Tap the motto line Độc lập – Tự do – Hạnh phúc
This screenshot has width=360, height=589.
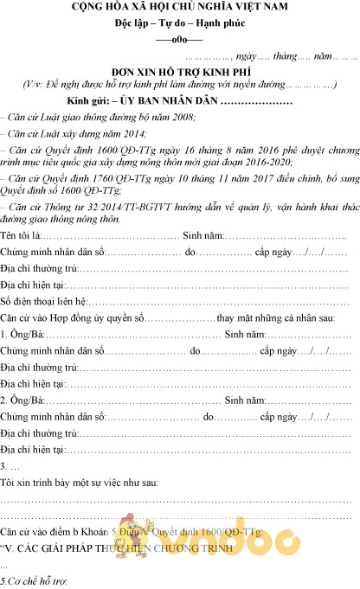(x=179, y=23)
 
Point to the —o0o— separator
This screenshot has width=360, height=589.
(x=179, y=40)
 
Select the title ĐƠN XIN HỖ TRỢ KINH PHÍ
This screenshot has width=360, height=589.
(x=179, y=70)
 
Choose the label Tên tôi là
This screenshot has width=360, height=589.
(x=20, y=236)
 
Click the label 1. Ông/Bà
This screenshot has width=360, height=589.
(x=21, y=335)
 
